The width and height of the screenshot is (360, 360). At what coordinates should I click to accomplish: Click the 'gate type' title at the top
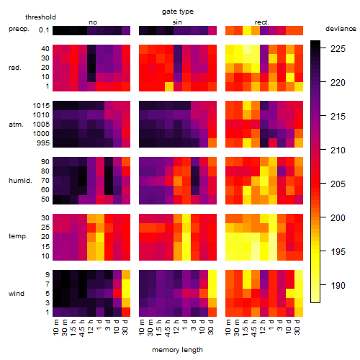pyautogui.click(x=178, y=12)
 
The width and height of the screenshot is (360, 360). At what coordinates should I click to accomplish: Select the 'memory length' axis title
pyautogui.click(x=177, y=350)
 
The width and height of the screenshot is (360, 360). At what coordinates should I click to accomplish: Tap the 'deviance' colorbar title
pyautogui.click(x=341, y=29)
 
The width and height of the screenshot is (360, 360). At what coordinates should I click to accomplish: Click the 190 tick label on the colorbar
pyautogui.click(x=338, y=286)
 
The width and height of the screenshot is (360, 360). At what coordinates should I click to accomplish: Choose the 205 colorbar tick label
pyautogui.click(x=338, y=184)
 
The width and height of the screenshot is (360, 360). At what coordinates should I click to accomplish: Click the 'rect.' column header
pyautogui.click(x=262, y=22)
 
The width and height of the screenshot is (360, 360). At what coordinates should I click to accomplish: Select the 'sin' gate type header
pyautogui.click(x=177, y=22)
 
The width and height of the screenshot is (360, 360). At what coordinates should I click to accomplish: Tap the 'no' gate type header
pyautogui.click(x=93, y=22)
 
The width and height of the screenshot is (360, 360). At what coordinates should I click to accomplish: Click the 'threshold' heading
pyautogui.click(x=40, y=17)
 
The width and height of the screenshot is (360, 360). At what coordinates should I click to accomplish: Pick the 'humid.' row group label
pyautogui.click(x=20, y=181)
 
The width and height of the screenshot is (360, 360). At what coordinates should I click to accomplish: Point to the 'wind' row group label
pyautogui.click(x=17, y=294)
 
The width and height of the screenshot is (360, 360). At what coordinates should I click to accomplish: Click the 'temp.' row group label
pyautogui.click(x=18, y=236)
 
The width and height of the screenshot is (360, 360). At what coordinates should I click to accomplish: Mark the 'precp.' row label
pyautogui.click(x=19, y=29)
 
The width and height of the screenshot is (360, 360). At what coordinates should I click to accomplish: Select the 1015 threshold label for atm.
pyautogui.click(x=41, y=106)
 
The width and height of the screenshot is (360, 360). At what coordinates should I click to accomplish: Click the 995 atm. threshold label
pyautogui.click(x=43, y=143)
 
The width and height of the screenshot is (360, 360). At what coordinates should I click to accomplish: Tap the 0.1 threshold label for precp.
pyautogui.click(x=44, y=30)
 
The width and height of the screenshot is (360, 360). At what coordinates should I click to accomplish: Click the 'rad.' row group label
pyautogui.click(x=15, y=68)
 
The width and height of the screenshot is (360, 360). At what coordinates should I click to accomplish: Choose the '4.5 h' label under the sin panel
pyautogui.click(x=168, y=328)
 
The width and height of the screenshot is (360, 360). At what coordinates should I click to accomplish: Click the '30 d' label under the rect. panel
pyautogui.click(x=297, y=327)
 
